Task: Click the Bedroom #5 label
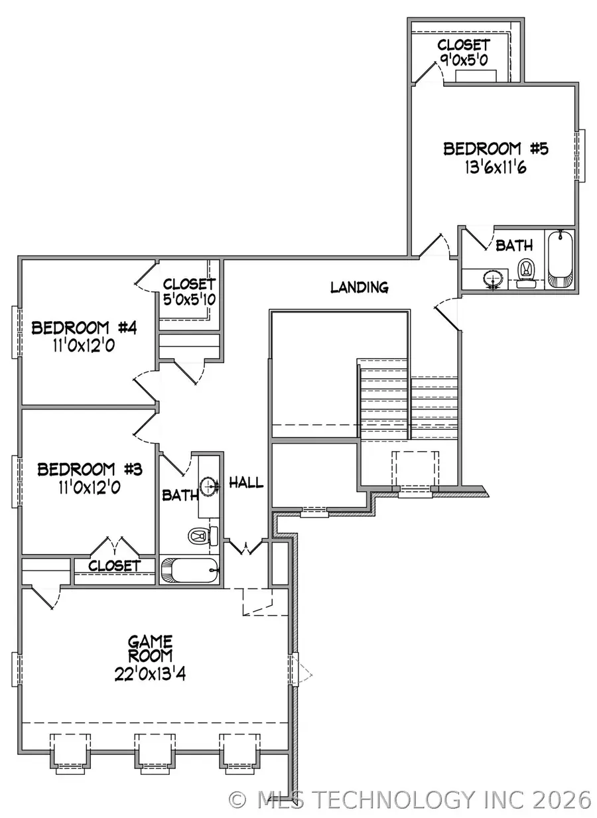496,149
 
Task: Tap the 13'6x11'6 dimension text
496,167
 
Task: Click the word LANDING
359,287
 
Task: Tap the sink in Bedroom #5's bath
493,279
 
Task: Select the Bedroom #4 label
84,328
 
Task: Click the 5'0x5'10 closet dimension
189,299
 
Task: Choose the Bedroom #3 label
90,470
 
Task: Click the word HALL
246,483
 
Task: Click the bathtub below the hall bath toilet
190,571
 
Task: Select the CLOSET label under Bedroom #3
114,566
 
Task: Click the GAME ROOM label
151,649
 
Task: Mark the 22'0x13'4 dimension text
151,674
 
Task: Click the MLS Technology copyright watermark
409,799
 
